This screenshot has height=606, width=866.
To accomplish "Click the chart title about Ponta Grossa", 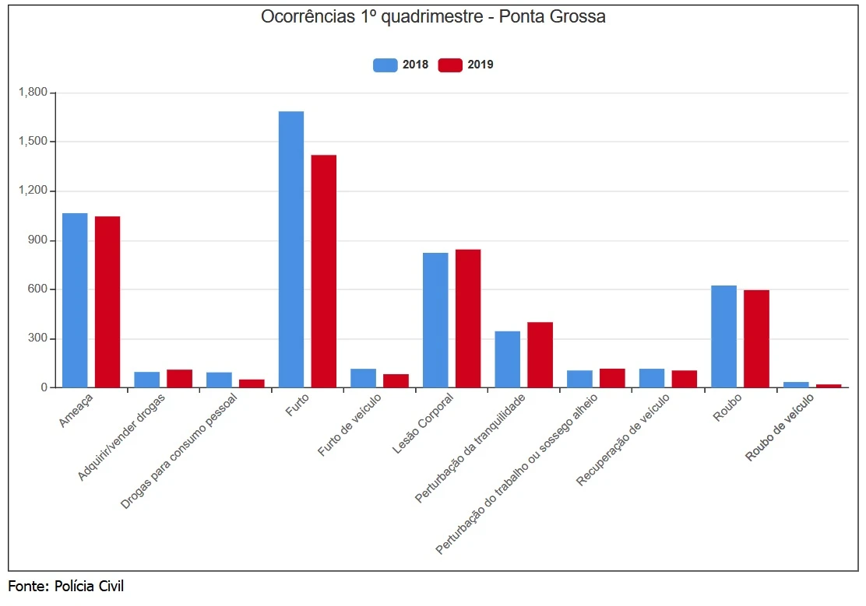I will click(433, 17).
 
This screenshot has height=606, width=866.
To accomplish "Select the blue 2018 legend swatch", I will click(385, 65).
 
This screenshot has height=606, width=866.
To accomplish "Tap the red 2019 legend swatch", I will click(450, 65).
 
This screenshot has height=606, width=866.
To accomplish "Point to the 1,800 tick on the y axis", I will click(33, 93).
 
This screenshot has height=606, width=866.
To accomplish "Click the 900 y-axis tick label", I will click(37, 240).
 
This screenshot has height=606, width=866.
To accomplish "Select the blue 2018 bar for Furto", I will click(291, 249).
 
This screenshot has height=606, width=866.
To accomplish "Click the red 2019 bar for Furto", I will click(324, 271).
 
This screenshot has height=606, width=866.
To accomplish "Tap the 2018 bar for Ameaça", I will click(75, 299).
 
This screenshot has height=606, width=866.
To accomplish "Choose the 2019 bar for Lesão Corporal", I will click(468, 318).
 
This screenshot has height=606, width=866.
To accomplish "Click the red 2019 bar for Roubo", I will click(756, 338).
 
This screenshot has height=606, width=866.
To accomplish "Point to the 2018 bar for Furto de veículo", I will click(363, 378).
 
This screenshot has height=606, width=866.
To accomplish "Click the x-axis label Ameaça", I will click(76, 410).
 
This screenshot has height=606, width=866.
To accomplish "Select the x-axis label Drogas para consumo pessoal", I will click(179, 451).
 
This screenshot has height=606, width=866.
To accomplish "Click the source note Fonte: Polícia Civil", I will click(66, 586).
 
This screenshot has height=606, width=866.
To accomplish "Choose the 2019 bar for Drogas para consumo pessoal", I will click(252, 383).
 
